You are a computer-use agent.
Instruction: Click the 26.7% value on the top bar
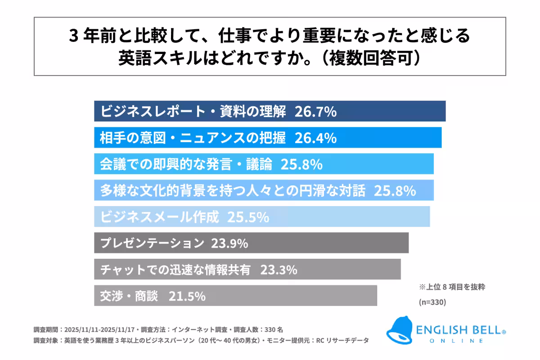(x=315, y=112)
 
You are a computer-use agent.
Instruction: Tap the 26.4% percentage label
(x=315, y=138)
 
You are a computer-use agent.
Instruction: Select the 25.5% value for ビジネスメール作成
(x=248, y=217)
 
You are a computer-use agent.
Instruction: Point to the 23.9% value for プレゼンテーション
(x=229, y=244)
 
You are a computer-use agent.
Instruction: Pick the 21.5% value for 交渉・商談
(x=187, y=296)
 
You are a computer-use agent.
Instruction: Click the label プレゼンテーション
(x=152, y=244)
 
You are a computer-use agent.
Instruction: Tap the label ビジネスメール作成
(x=159, y=217)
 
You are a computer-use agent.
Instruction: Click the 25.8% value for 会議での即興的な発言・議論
(x=301, y=165)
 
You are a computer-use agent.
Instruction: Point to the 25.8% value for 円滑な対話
(x=394, y=191)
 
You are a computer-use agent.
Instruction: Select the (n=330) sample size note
(x=432, y=302)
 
